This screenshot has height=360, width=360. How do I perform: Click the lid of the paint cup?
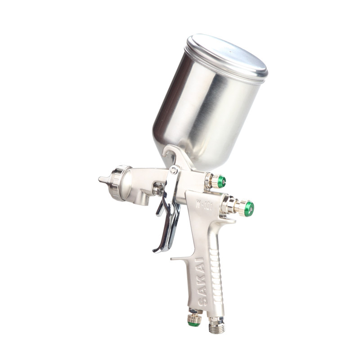pyautogui.click(x=227, y=58)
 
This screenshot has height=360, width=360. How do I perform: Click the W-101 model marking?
pyautogui.click(x=204, y=204)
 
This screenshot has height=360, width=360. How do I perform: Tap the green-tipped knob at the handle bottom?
pyautogui.click(x=194, y=320)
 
